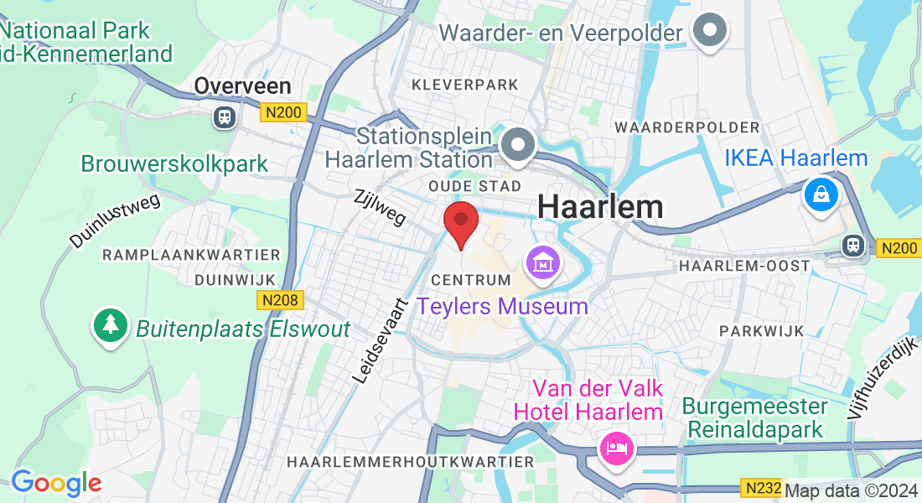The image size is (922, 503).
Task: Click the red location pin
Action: [x=460, y=223]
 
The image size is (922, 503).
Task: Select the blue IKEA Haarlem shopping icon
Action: [x=821, y=194]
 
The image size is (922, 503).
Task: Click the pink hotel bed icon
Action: [x=616, y=448]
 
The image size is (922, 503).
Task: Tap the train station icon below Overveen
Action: [x=224, y=117]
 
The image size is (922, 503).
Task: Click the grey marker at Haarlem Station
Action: [x=518, y=145]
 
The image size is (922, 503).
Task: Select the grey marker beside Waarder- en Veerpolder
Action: [x=710, y=31]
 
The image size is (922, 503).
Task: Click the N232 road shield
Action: [x=762, y=488]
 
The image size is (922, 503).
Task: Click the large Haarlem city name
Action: [x=600, y=206]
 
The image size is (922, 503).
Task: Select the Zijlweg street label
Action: [x=380, y=207]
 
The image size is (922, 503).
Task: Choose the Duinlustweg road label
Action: [x=114, y=214]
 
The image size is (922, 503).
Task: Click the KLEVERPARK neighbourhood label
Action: [x=465, y=85]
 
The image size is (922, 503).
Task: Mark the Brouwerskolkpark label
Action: [x=174, y=163]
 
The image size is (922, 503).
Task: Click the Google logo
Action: [x=56, y=483]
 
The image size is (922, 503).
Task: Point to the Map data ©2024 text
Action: [x=850, y=491]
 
